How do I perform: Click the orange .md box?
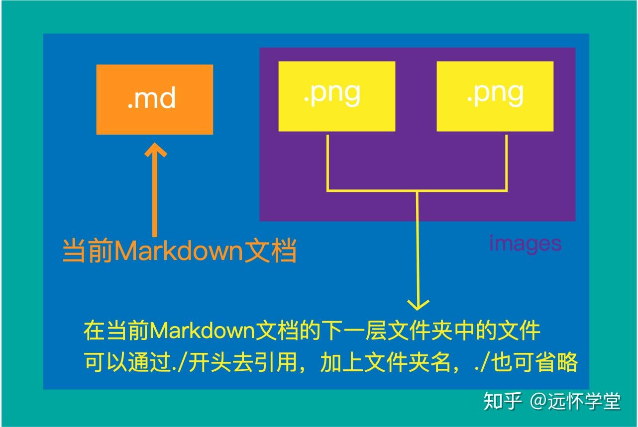click(154, 99)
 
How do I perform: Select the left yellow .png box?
click(336, 96)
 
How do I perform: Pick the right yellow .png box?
click(495, 96)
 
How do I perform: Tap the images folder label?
click(525, 243)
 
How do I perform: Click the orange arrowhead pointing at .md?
click(155, 149)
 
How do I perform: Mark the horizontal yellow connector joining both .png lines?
click(417, 190)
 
